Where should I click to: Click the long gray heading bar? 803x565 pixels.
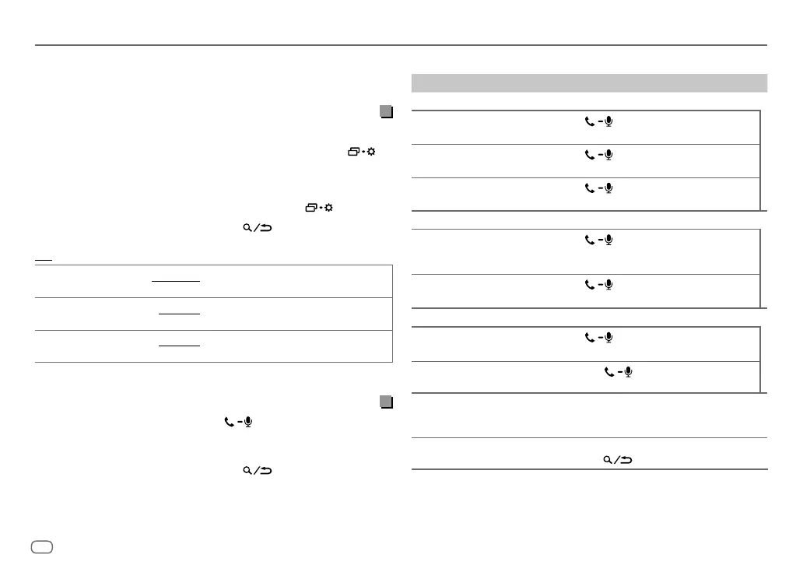(589, 83)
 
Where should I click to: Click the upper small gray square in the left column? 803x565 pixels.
(385, 111)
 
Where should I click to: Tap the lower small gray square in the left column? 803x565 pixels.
(385, 402)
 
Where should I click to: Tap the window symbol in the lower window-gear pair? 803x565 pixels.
(311, 209)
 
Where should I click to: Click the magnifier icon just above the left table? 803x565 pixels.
(247, 228)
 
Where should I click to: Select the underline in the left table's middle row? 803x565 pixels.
(179, 314)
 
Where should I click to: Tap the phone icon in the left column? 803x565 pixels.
(229, 422)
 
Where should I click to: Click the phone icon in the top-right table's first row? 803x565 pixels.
(589, 121)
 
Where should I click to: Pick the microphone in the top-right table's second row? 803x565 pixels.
(608, 155)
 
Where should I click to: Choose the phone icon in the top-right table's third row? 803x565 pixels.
(589, 188)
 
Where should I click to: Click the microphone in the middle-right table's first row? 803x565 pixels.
(608, 241)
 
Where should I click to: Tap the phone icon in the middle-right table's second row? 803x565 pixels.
(589, 285)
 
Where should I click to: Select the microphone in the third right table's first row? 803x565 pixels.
(608, 338)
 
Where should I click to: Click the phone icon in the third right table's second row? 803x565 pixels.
(608, 372)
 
